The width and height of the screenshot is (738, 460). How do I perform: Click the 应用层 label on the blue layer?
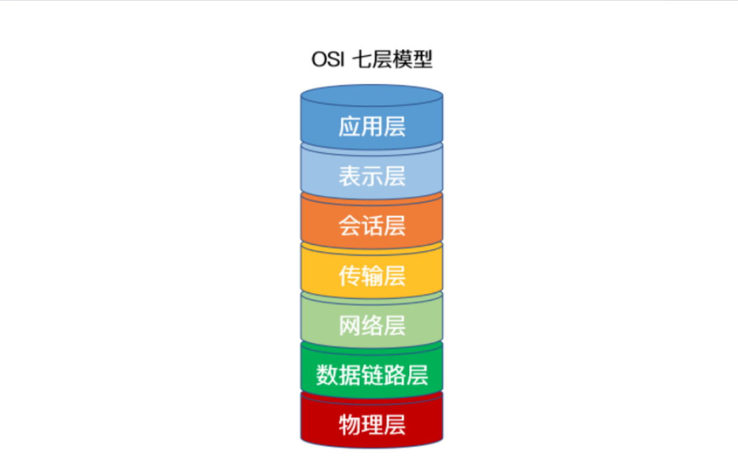pos(372,126)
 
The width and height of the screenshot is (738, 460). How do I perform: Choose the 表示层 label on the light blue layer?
pos(372,176)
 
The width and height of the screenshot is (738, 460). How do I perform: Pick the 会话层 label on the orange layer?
pos(372,226)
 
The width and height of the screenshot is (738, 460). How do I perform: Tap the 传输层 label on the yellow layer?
pos(372,276)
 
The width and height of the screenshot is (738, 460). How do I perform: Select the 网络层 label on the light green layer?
pos(372,326)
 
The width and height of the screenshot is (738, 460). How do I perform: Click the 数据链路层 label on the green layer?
pos(372,375)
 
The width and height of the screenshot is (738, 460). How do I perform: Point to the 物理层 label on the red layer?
pos(372,426)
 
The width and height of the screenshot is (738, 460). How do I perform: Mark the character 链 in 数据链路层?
pos(372,375)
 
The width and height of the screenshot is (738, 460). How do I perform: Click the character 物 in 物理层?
pos(349,426)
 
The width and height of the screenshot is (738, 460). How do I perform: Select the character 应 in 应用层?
pos(349,126)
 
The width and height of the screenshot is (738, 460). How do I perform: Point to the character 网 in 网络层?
pos(349,326)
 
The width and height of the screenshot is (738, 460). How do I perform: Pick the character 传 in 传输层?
pos(349,276)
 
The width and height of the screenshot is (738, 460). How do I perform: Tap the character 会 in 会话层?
pos(349,226)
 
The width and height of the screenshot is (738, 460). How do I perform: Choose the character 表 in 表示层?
pos(349,176)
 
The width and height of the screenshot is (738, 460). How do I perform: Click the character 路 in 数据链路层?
pos(394,375)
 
